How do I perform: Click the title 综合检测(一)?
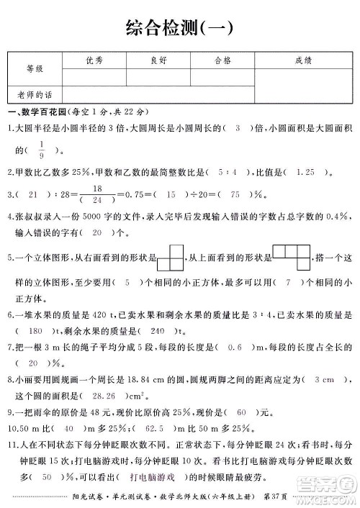[180, 28]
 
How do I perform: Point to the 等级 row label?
[35, 69]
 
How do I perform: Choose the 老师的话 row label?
[35, 94]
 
